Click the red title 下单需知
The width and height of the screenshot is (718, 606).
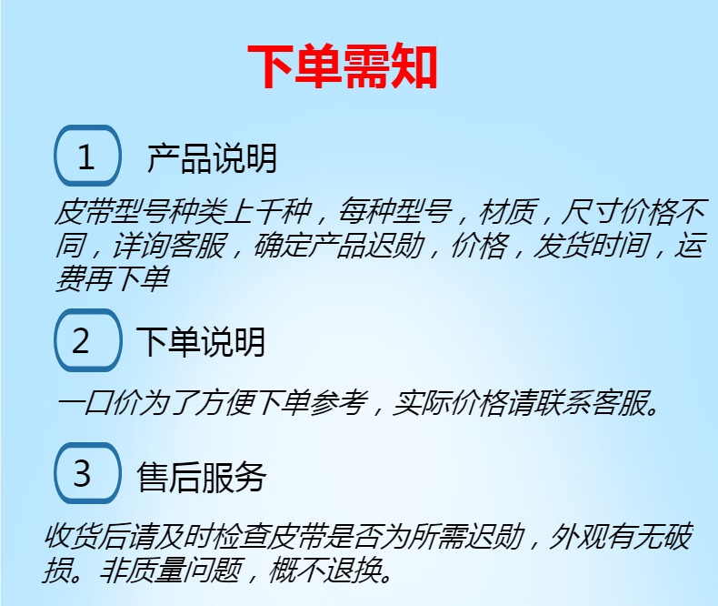pos(343,66)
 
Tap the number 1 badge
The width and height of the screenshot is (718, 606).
pos(87,156)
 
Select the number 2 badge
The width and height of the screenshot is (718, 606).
pos(87,339)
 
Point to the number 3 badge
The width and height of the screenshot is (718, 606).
pos(87,472)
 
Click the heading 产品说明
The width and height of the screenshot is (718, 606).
pos(212,157)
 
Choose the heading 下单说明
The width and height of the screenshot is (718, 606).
pos(201,341)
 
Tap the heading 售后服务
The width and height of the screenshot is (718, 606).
pos(201,477)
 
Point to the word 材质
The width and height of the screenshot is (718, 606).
pos(507,211)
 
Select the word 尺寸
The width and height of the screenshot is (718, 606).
pos(589,211)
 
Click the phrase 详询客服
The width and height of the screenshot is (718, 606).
pos(169,245)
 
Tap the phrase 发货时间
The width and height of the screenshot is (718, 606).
pos(592,245)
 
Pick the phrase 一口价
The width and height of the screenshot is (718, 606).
pos(97,403)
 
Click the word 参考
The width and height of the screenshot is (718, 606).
pos(339,403)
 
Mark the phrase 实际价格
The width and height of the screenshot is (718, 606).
pos(449,403)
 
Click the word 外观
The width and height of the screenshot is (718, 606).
pos(577,536)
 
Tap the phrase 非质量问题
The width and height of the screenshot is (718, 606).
pos(169,570)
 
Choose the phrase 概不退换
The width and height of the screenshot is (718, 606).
pos(324,570)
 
